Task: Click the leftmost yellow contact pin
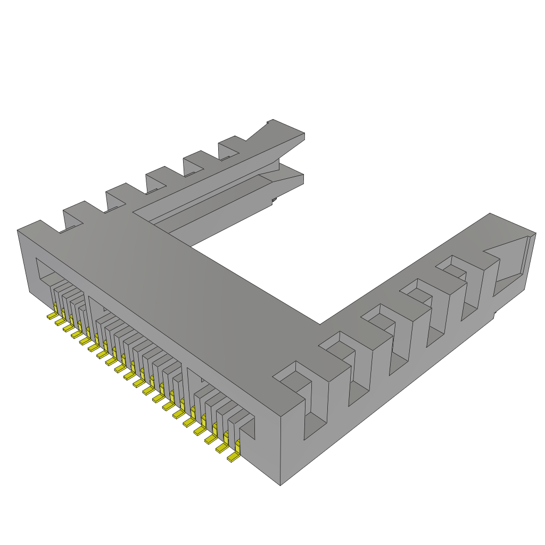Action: pos(52,316)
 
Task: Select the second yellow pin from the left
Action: pos(60,321)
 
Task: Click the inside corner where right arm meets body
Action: pos(320,324)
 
